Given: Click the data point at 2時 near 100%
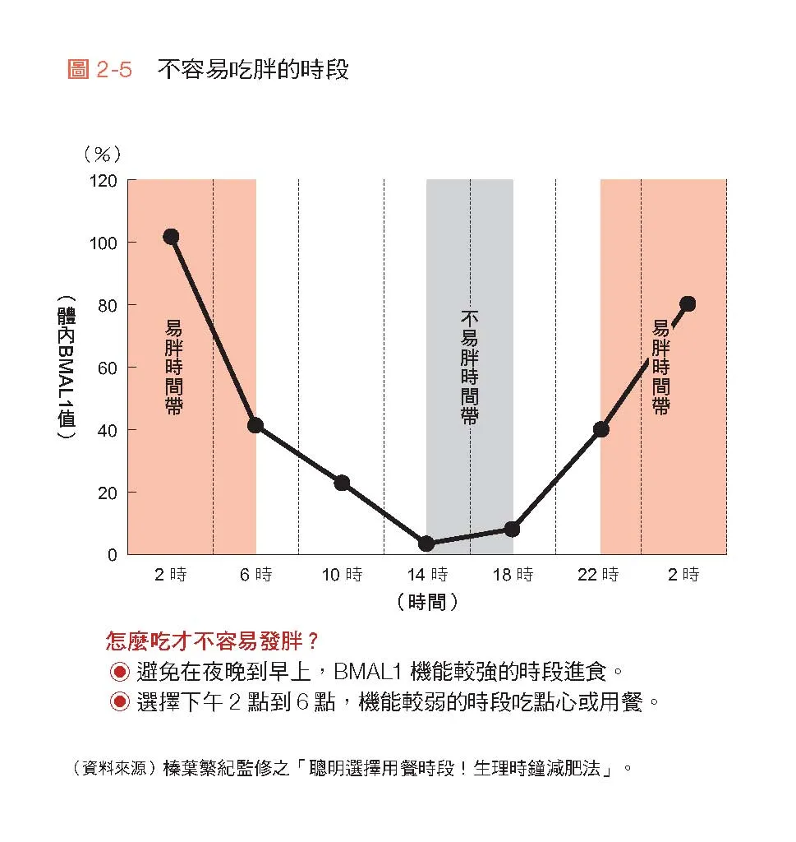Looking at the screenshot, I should [x=171, y=237].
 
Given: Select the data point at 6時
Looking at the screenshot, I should [x=255, y=425].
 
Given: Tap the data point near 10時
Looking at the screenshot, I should [x=342, y=483].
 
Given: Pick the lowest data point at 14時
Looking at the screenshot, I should [x=426, y=544].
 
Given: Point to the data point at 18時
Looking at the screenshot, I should [x=512, y=529].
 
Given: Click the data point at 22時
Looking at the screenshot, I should [x=601, y=429].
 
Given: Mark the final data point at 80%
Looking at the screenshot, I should [x=688, y=304].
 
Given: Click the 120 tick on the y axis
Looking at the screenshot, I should [x=104, y=180].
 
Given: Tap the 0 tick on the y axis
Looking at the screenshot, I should [x=113, y=555].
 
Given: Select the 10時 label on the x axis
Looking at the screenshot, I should [x=342, y=575].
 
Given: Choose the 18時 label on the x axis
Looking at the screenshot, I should [x=513, y=575].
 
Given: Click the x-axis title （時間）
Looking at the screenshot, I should [x=426, y=602].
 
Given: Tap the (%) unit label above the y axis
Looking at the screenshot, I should [x=102, y=154].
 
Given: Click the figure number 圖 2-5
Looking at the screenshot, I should [x=99, y=70].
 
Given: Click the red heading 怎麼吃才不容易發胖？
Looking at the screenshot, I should [x=213, y=641].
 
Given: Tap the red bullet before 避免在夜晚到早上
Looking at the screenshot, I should [x=120, y=673].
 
